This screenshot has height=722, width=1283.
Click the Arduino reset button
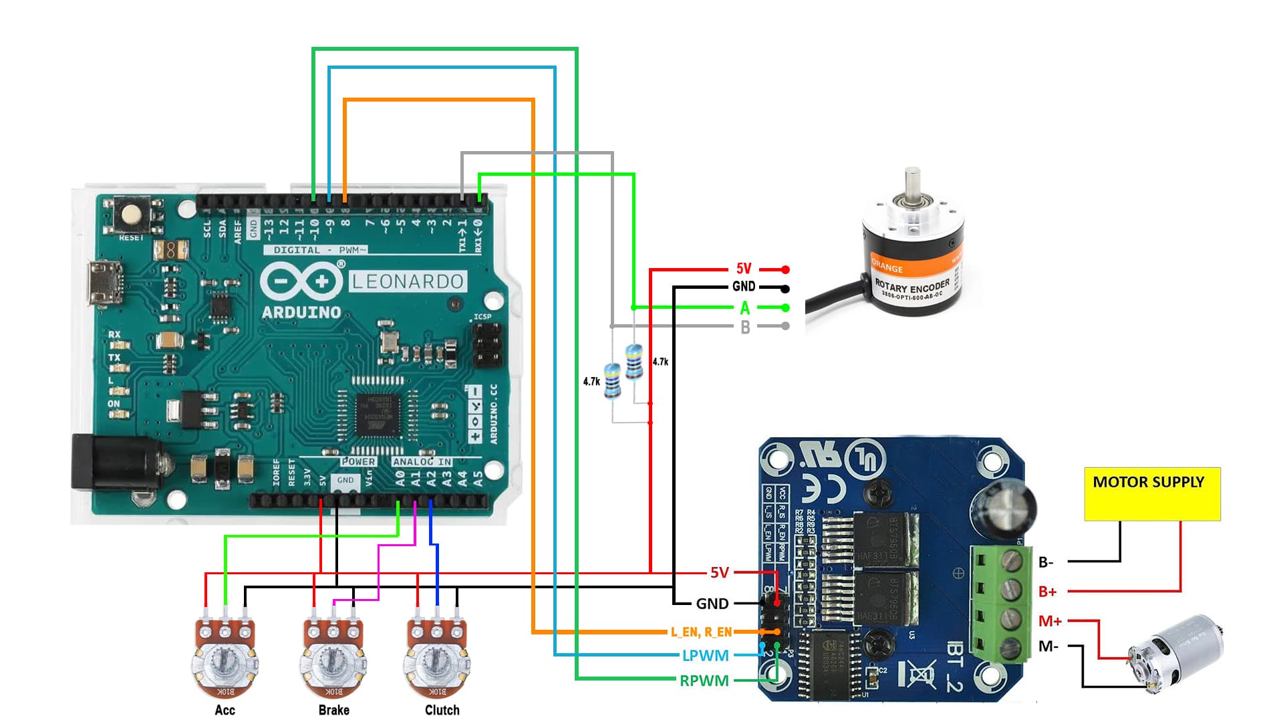(x=132, y=214)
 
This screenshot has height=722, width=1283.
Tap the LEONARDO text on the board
(x=408, y=281)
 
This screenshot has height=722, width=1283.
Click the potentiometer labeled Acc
(x=225, y=658)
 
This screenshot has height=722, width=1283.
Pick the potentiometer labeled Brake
(x=333, y=658)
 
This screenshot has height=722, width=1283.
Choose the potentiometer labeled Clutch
(x=436, y=658)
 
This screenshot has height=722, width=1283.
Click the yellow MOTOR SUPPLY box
(x=1152, y=494)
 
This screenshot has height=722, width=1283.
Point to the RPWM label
(x=704, y=681)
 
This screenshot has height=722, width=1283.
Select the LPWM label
(x=705, y=656)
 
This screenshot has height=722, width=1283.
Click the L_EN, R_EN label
(x=701, y=632)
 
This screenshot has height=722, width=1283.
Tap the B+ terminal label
(x=1047, y=592)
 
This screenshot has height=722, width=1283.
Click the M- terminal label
(x=1048, y=646)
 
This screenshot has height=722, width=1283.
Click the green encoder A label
(x=745, y=308)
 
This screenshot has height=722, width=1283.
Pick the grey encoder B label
(x=745, y=327)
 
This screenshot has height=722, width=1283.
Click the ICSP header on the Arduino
(x=487, y=345)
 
